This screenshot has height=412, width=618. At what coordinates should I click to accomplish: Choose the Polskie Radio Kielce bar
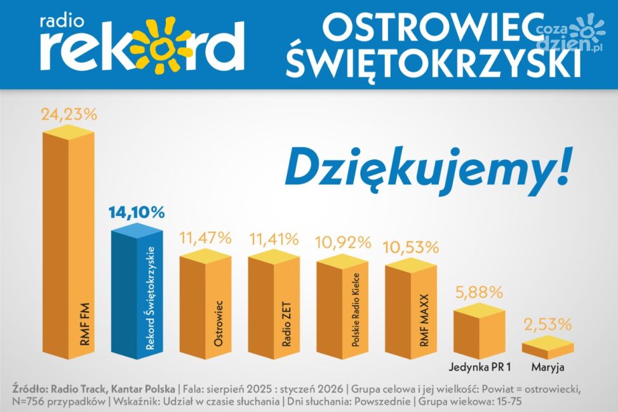coord(342,308)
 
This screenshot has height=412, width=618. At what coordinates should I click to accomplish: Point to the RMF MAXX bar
coord(410,308)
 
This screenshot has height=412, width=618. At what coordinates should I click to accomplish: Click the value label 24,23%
coord(69,115)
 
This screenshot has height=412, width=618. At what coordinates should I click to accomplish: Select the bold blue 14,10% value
coord(136,212)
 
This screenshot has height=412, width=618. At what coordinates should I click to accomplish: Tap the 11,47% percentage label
coord(205,239)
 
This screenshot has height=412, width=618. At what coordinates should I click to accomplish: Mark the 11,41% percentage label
coord(273,239)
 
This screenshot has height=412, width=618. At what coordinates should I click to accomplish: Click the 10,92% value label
coord(343,242)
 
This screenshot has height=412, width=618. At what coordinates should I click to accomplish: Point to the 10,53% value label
coord(411,246)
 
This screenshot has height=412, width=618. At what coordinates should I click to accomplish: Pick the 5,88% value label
coord(480,293)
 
